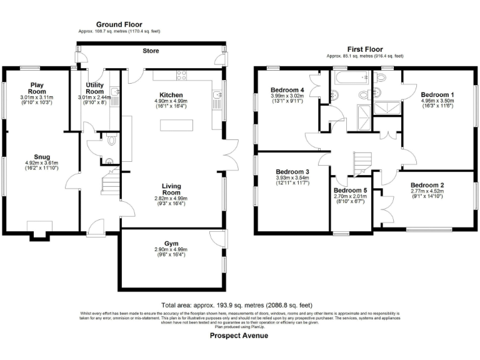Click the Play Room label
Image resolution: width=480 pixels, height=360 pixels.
tap(37, 87)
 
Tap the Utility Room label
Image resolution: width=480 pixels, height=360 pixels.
tap(94, 87)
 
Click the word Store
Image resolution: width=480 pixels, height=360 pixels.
tap(151, 51)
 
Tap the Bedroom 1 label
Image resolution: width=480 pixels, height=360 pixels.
tap(437, 95)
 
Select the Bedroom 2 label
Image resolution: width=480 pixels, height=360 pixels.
tap(427, 185)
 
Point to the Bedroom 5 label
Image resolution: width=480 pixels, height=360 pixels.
tap(351, 191)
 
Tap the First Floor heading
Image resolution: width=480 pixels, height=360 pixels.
tap(364, 49)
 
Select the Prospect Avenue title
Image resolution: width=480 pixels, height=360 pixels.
tap(239, 336)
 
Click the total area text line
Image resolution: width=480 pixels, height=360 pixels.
tap(239, 304)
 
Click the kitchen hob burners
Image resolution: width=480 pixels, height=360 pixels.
tap(183, 76)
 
